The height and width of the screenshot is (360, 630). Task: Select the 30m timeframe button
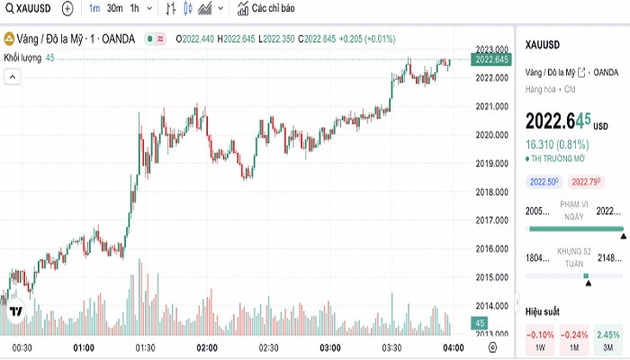point(114,8)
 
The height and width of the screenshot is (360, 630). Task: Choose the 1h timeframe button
point(135,8)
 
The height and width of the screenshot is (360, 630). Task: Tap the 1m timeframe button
point(94,8)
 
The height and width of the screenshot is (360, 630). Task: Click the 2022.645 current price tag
point(491,59)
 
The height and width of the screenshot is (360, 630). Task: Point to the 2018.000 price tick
point(491,192)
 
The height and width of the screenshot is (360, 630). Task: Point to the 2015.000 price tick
point(491,277)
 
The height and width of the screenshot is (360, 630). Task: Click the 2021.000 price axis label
point(491,106)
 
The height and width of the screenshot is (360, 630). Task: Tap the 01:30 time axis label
point(145,346)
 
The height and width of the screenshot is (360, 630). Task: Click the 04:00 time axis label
point(453,346)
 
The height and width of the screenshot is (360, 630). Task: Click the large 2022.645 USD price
point(558,120)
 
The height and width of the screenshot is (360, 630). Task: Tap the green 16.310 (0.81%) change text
point(554,143)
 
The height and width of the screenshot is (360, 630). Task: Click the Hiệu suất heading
point(543,310)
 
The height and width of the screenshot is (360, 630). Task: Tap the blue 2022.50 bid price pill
point(544,182)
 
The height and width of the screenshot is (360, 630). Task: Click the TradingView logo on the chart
point(15,313)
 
